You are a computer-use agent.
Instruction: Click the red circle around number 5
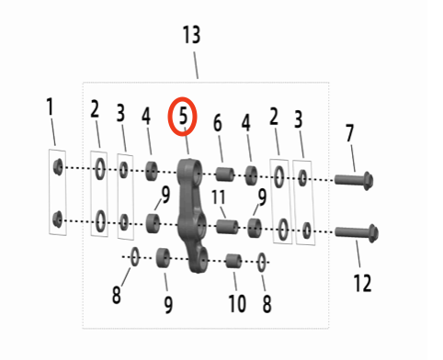click(169, 117)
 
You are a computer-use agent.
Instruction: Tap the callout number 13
click(191, 35)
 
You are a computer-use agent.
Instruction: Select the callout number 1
click(50, 107)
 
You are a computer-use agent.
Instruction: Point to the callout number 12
click(362, 283)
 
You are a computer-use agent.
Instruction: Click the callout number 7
click(349, 133)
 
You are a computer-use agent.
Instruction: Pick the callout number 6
click(218, 123)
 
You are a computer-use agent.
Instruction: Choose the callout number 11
click(219, 197)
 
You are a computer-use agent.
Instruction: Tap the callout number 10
click(237, 304)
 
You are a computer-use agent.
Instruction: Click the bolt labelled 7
click(354, 179)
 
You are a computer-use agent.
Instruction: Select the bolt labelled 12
click(357, 232)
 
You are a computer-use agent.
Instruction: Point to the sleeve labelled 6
click(225, 174)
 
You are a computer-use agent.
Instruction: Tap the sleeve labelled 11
click(227, 227)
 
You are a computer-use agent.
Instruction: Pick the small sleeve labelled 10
click(233, 261)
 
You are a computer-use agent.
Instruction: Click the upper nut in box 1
click(58, 167)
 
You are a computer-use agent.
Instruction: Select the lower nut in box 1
click(57, 219)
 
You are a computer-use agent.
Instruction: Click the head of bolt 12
click(373, 233)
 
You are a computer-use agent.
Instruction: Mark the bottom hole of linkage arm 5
click(203, 260)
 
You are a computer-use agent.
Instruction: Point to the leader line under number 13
click(196, 65)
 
